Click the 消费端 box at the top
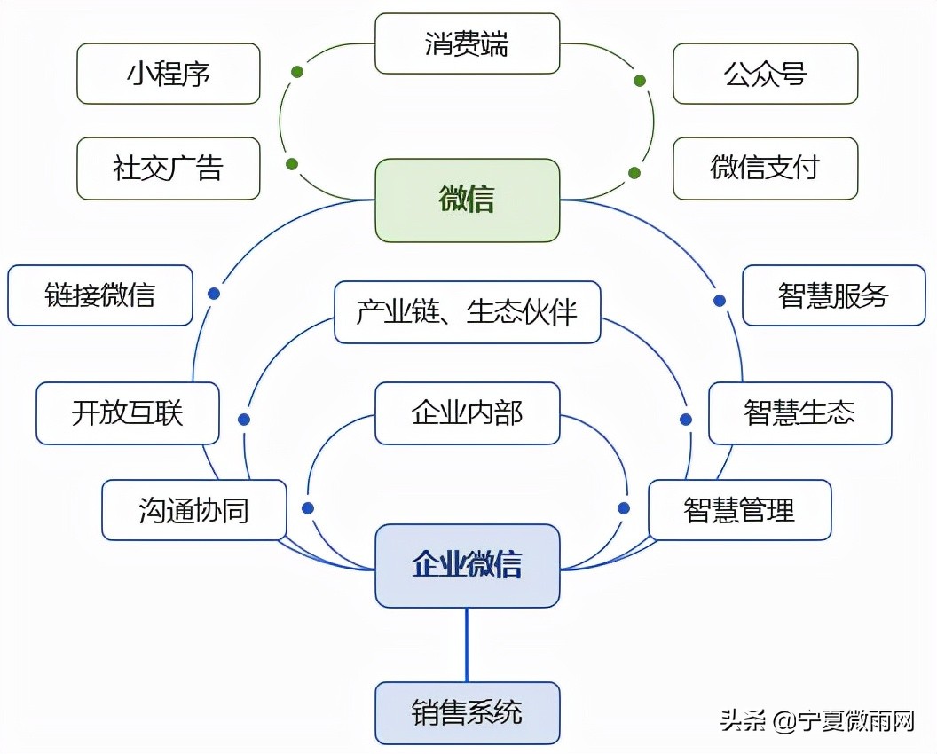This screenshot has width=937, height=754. (467, 43)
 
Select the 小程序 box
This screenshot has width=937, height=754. (169, 74)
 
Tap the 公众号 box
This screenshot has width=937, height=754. (765, 74)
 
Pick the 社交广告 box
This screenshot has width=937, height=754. (169, 168)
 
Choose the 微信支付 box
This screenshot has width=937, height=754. (765, 168)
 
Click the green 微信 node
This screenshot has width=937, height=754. (467, 200)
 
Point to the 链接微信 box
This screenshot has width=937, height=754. (100, 295)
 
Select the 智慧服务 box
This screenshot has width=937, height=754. (833, 295)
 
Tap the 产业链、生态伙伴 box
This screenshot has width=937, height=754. (467, 312)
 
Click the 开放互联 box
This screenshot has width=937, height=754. (128, 413)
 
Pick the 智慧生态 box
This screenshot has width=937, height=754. (799, 413)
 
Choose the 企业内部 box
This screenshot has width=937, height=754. (467, 413)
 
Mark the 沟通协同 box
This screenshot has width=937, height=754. (194, 510)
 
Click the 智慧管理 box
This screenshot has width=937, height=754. (739, 510)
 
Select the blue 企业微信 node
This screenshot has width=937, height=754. (467, 565)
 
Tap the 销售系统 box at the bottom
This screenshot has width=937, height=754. (467, 712)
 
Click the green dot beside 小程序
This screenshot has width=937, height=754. (296, 72)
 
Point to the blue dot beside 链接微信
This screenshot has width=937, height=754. (213, 294)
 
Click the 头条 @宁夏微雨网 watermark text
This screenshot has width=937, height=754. (816, 721)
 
